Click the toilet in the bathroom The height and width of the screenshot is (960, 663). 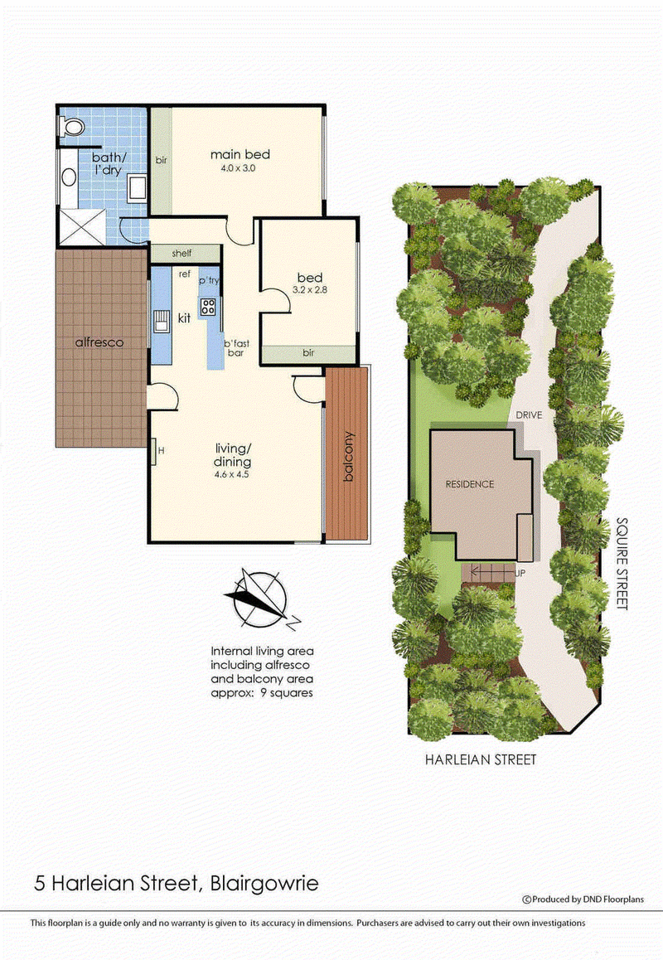pos(72,127)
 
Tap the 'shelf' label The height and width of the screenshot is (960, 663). pos(182,254)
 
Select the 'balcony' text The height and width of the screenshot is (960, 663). pos(348,457)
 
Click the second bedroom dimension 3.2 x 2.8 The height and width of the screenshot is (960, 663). pos(311,292)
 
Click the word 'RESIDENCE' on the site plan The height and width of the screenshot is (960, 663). pos(469,484)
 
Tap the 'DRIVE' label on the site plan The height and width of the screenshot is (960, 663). pos(527,415)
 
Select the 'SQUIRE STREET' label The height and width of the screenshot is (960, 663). pos(622,564)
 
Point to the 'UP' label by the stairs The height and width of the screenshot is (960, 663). pos(520,572)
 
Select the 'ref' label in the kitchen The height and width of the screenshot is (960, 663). pos(185,273)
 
